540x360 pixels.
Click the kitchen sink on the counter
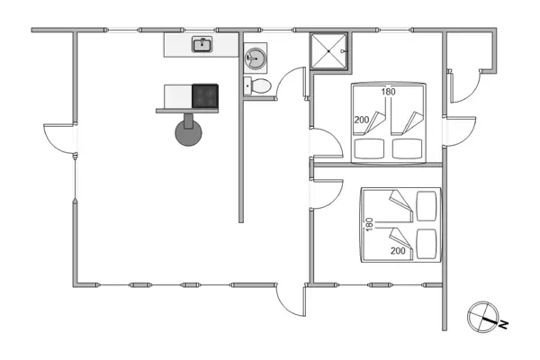pos(202,44)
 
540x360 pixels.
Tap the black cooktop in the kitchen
pos(207,95)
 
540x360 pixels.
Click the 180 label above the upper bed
pos(389,92)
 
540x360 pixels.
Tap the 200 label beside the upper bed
pos(362,120)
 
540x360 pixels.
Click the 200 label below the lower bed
pos(397,252)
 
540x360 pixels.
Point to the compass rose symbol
pos(482,316)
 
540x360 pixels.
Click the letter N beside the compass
pos(504,322)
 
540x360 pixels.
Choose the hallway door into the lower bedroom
pos(326,192)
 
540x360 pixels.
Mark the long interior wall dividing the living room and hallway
pos(241,135)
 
